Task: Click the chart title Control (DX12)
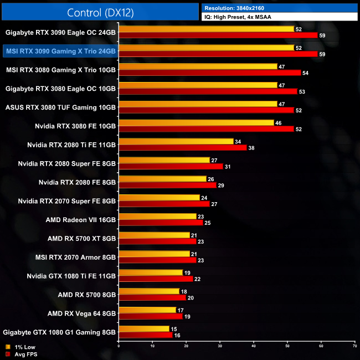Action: click(100, 12)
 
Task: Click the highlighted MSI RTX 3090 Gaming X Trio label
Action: click(60, 51)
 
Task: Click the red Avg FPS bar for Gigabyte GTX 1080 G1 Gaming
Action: click(145, 335)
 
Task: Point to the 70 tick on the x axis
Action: click(354, 346)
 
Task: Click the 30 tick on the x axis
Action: click(220, 346)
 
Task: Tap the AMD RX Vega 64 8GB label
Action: click(81, 313)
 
